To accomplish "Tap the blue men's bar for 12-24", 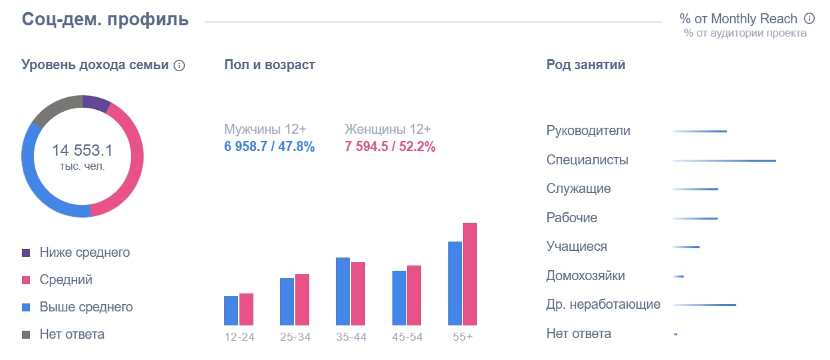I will (x=231, y=310).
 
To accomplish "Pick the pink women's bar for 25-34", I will (x=302, y=299).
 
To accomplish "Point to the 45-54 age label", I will (x=407, y=337).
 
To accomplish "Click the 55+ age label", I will (x=463, y=337).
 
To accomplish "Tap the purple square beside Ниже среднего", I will (x=26, y=253).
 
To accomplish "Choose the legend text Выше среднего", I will (x=86, y=307).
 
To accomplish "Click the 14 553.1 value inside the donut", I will (x=82, y=150).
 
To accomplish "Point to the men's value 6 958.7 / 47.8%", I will (x=269, y=147).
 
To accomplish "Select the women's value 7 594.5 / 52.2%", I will (x=390, y=147).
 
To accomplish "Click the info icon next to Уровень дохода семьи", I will (x=179, y=66).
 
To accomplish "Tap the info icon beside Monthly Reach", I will (x=809, y=19).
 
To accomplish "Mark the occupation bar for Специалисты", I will (x=724, y=160).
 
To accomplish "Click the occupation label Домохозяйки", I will (x=585, y=275).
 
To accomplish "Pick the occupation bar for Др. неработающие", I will (x=704, y=305).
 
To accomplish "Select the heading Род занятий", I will (x=585, y=65).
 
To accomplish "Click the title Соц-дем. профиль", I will (x=105, y=19).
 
